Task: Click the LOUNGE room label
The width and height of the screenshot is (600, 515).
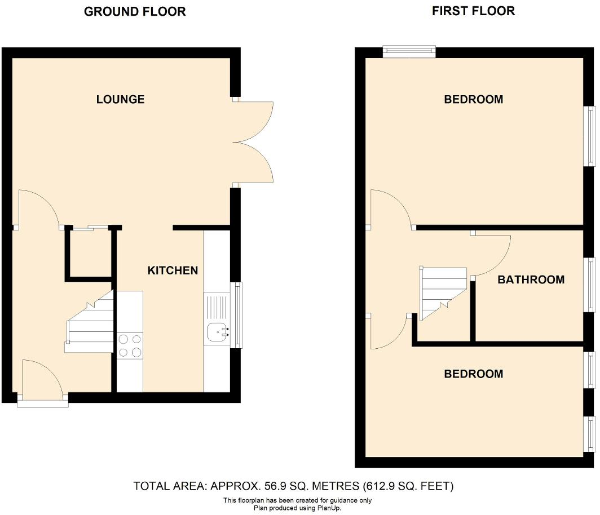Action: [120, 100]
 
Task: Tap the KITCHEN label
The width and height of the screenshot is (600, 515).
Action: [173, 270]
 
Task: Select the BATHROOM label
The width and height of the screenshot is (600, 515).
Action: [531, 279]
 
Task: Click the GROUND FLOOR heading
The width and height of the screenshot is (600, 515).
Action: [135, 12]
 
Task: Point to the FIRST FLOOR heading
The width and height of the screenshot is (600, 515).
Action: [473, 11]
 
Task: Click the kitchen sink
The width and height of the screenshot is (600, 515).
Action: [218, 332]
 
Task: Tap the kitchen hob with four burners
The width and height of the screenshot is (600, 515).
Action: [130, 345]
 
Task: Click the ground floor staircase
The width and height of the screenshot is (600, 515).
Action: [89, 325]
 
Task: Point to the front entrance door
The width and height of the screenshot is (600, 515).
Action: [42, 383]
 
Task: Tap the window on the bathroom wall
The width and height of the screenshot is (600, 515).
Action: [589, 285]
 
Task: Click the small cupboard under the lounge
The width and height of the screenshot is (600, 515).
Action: [90, 254]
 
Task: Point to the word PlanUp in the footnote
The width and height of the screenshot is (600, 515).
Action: [329, 508]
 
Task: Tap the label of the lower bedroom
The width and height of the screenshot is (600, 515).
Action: [473, 374]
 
